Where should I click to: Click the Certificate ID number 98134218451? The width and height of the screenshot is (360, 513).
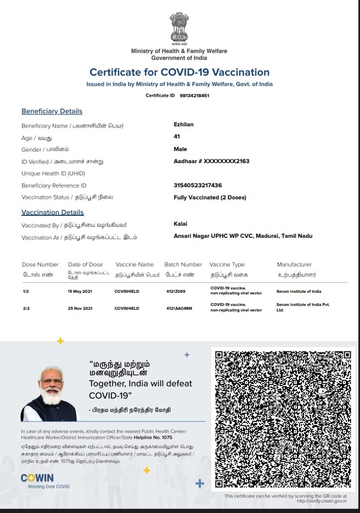(x=194, y=96)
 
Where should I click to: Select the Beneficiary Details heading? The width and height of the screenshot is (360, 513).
(x=52, y=111)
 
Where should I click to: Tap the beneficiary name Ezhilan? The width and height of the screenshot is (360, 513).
(x=183, y=125)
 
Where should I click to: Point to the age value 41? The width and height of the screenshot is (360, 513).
(x=177, y=137)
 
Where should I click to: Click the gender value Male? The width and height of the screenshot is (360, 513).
(x=180, y=149)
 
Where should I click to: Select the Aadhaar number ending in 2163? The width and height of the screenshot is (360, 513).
(x=211, y=161)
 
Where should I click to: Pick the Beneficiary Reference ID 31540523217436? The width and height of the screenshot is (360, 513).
(x=198, y=185)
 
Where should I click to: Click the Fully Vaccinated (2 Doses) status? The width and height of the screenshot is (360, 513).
(x=210, y=197)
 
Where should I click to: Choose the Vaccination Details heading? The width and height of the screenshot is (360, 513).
(x=53, y=213)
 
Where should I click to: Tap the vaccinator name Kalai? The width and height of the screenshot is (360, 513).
(x=180, y=224)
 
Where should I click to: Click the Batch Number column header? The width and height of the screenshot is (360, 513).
(x=183, y=265)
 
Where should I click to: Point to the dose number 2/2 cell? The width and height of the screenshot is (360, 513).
(x=26, y=309)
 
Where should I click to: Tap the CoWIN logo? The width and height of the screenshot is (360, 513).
(x=37, y=478)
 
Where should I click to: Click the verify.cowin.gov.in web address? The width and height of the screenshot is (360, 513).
(x=322, y=500)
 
